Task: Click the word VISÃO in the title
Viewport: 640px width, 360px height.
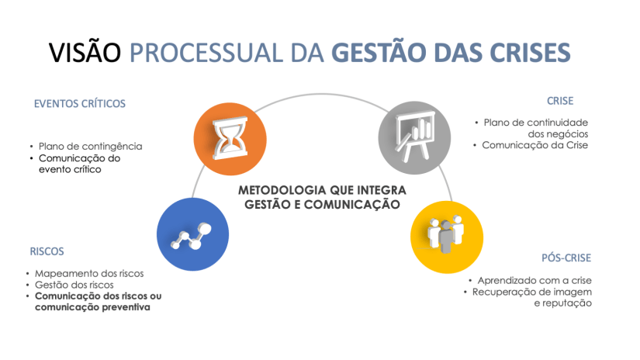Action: pyautogui.click(x=85, y=52)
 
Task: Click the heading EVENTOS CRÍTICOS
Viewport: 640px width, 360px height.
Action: pyautogui.click(x=79, y=103)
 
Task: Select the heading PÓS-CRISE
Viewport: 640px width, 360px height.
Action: pyautogui.click(x=566, y=258)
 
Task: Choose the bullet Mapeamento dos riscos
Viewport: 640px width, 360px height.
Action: pyautogui.click(x=89, y=273)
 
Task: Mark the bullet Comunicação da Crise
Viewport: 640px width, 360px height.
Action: pyautogui.click(x=534, y=144)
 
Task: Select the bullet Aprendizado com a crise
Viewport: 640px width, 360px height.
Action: pyautogui.click(x=534, y=280)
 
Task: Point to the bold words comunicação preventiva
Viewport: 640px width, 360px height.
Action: pyautogui.click(x=92, y=307)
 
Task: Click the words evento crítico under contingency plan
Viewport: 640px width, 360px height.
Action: pyautogui.click(x=70, y=169)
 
